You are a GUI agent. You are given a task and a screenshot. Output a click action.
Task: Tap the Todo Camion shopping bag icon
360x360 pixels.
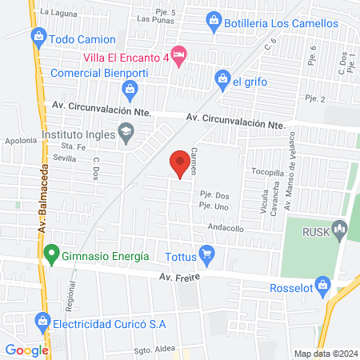(x=38, y=37)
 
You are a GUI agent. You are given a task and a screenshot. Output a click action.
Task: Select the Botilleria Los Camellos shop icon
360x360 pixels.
(x=214, y=22)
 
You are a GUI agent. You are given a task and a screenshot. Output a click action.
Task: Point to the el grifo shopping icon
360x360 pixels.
(x=222, y=79)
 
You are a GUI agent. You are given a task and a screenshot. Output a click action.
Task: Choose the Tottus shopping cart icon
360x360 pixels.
(x=208, y=257)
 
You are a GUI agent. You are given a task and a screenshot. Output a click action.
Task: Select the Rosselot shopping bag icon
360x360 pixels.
(x=322, y=285)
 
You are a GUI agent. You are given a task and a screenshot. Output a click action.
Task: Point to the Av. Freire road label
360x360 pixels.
(x=178, y=277)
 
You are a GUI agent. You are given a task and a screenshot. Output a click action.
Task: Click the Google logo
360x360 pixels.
(x=26, y=350)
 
